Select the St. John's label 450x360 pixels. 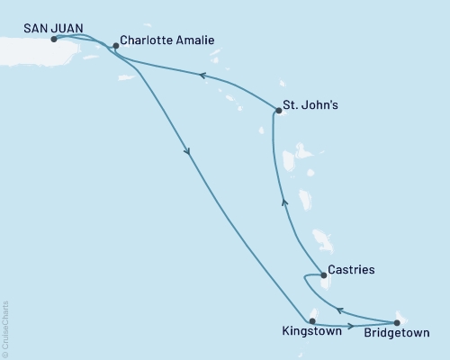coord(311,106)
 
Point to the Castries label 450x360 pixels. coord(352,269)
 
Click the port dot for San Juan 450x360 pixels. coord(55,40)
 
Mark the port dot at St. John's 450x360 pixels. coord(276,112)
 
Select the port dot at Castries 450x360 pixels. coord(323,274)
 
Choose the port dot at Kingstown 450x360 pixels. coord(311,320)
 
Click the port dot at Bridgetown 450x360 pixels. coord(397,321)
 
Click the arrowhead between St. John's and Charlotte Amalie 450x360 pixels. coord(203,77)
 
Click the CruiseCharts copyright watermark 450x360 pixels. coord(6,329)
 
